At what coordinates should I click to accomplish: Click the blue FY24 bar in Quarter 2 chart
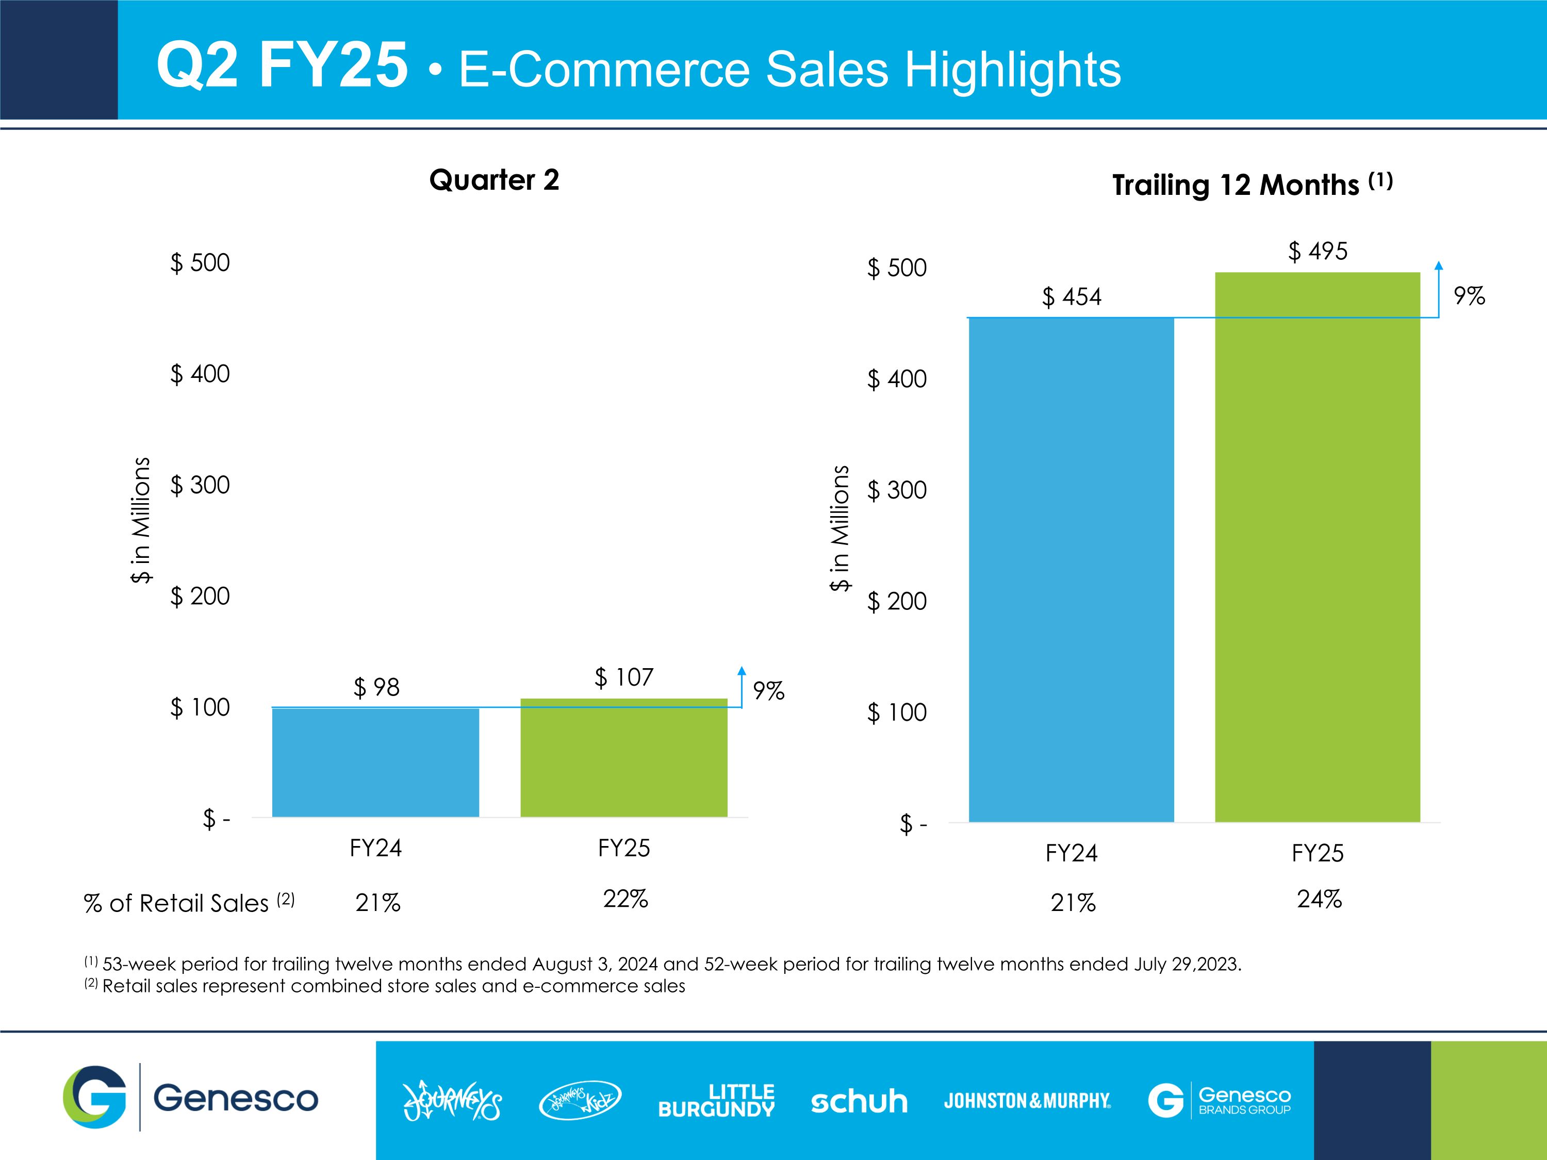(375, 762)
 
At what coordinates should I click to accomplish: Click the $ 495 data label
(1318, 251)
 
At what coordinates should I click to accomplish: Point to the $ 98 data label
(376, 687)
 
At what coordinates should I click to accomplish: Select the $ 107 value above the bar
(624, 677)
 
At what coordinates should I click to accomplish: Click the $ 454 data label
(1072, 297)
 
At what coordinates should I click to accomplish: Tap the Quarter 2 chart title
(494, 180)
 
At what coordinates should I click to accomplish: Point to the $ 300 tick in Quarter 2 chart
(200, 485)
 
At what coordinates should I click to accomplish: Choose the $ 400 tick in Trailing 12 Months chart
(897, 379)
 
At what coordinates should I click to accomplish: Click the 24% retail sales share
(1319, 899)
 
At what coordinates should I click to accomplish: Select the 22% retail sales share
(625, 899)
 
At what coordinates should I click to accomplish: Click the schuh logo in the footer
(859, 1102)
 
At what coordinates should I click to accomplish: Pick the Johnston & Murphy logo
(1027, 1101)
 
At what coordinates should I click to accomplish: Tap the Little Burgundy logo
(716, 1101)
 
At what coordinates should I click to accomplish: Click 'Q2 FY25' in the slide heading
(282, 65)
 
